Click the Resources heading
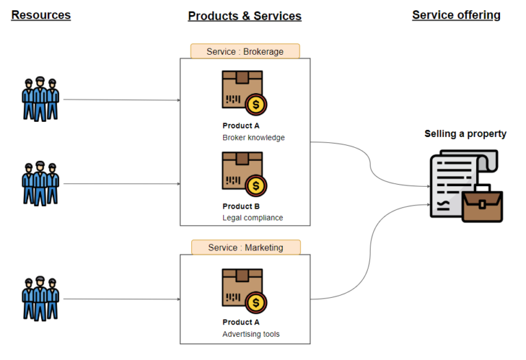(x=41, y=14)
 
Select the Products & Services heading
(x=245, y=16)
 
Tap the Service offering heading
(x=456, y=14)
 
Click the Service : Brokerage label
(x=245, y=51)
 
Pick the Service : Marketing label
(x=245, y=247)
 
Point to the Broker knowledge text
(x=253, y=138)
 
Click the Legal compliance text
(x=253, y=218)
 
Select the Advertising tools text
(x=251, y=334)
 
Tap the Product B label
(x=241, y=206)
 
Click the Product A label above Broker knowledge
(x=241, y=126)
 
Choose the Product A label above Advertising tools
(x=241, y=322)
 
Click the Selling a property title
(x=465, y=133)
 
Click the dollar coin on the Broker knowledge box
(x=256, y=105)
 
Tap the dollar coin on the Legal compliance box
(x=256, y=185)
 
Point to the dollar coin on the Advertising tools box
(x=256, y=302)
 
